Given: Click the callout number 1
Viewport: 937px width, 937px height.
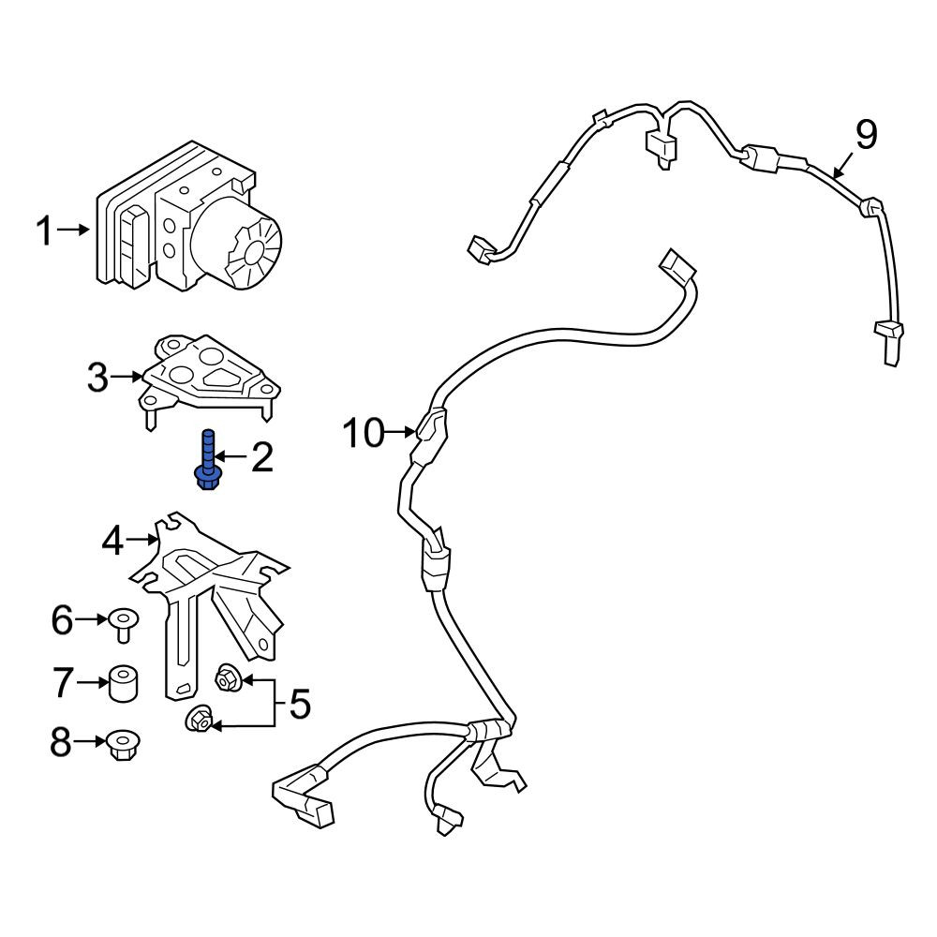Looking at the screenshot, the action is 44,231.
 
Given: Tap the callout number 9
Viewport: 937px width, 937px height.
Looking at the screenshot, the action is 866,135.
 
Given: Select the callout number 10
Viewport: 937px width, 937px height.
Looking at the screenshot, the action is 364,433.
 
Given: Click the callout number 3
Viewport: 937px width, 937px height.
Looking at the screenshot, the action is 98,378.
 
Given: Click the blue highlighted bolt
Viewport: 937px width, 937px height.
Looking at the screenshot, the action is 207,460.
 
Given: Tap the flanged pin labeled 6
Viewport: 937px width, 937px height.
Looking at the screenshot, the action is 124,624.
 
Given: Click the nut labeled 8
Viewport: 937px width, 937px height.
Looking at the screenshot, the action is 123,745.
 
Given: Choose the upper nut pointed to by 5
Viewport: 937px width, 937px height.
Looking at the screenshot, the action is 228,678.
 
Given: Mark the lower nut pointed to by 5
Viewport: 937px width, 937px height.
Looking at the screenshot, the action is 199,720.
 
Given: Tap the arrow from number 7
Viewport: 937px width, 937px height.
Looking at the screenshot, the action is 93,682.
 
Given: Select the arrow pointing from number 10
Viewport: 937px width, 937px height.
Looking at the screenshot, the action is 401,431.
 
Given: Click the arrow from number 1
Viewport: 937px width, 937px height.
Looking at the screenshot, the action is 73,230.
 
